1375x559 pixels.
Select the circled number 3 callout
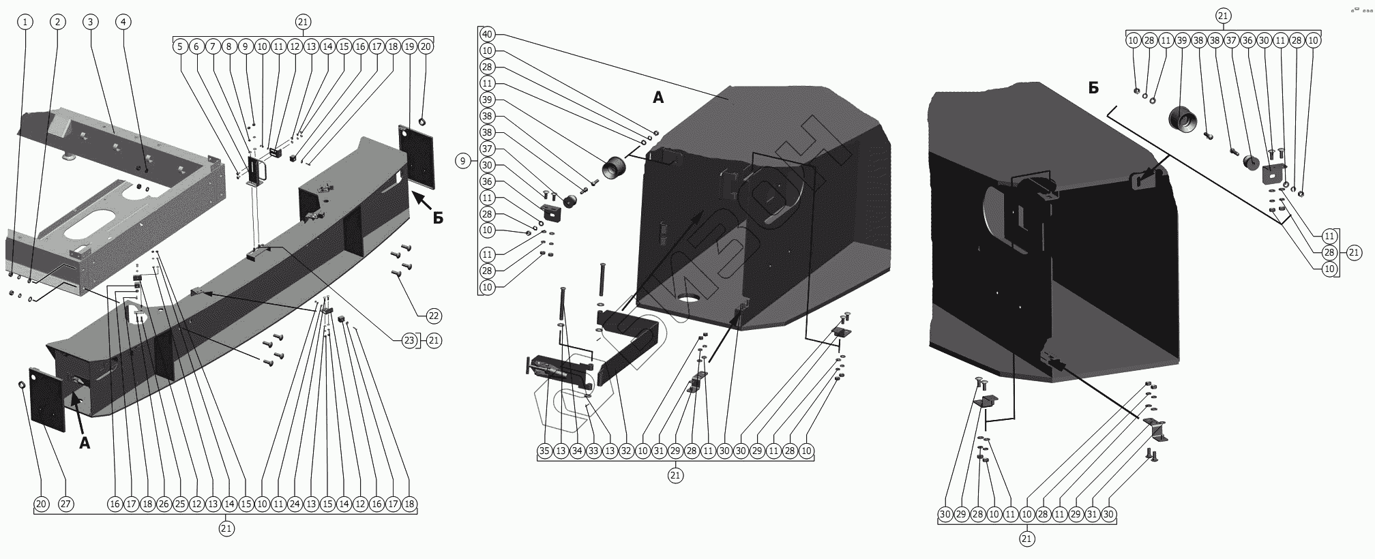pos(90,22)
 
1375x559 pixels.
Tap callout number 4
pos(123,22)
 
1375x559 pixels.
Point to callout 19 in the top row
pos(409,46)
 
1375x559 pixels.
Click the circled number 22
pos(434,316)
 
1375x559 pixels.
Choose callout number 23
pos(409,340)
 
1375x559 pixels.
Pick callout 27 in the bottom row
pos(65,504)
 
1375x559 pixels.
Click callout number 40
pos(487,34)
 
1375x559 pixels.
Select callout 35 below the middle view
pos(544,451)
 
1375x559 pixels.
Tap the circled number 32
pos(626,451)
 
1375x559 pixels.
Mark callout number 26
pos(164,504)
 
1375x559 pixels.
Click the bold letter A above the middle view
pos(657,98)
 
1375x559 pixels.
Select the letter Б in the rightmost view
pos(1093,88)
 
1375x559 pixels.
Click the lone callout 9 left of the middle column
pos(463,162)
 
